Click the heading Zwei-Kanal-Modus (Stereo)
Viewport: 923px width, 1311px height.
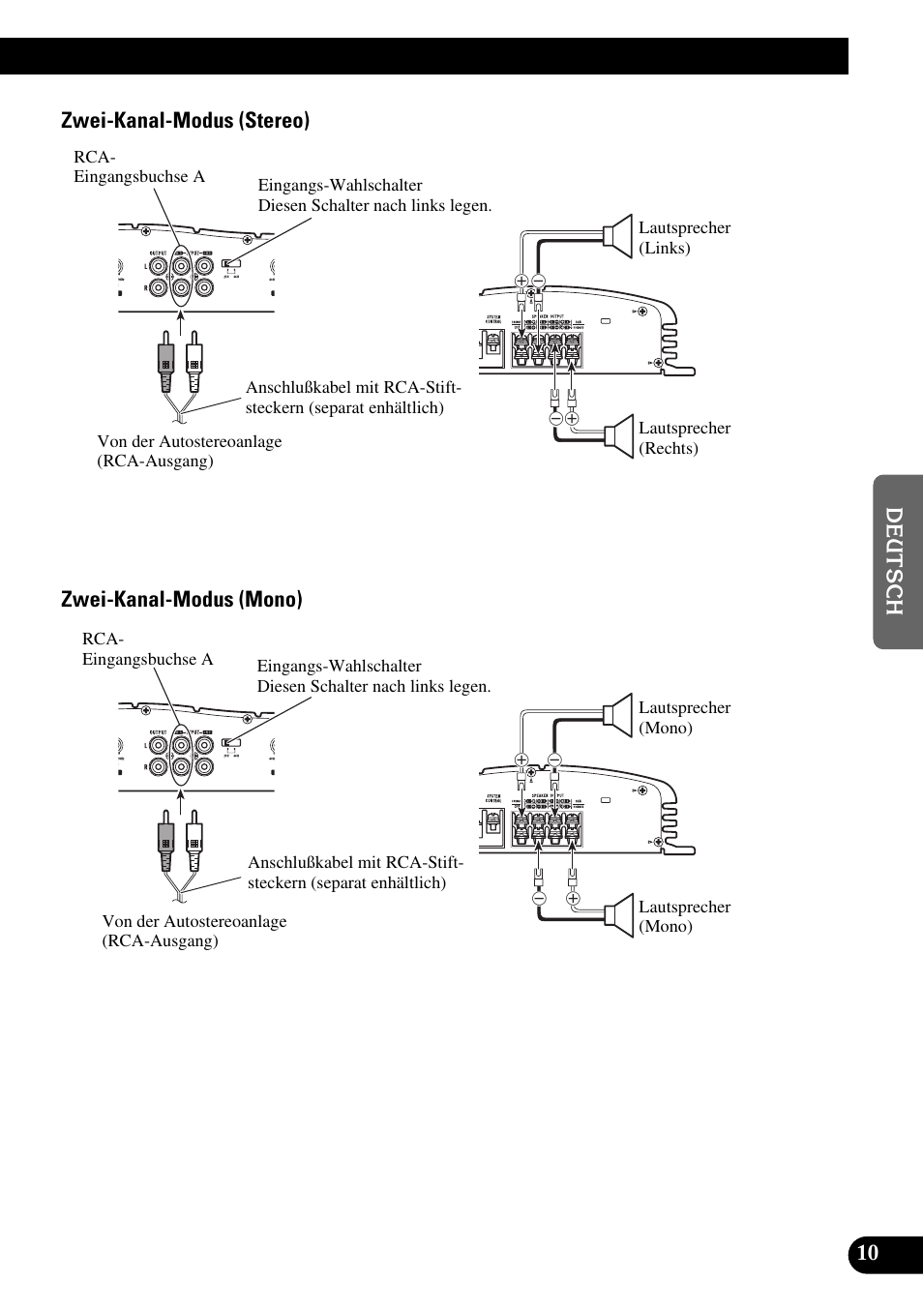[x=185, y=120]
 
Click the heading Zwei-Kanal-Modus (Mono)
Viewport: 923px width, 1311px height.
[x=181, y=599]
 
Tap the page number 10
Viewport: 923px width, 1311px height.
[x=868, y=1253]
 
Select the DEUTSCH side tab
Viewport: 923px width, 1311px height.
[x=895, y=561]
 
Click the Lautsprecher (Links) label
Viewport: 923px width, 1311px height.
[x=683, y=237]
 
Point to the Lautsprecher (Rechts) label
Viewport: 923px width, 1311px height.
[x=683, y=437]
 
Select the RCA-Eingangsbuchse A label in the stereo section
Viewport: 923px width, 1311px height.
[x=138, y=166]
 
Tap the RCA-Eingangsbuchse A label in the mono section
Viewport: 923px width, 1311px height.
[x=147, y=649]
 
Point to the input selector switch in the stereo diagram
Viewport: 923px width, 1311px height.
[x=231, y=262]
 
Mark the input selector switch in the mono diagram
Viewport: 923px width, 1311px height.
[x=231, y=742]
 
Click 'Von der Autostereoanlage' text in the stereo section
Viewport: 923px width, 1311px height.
[x=189, y=441]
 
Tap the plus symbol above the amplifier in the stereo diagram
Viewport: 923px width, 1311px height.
[x=521, y=282]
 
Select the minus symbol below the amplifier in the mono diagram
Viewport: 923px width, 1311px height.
[x=539, y=898]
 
